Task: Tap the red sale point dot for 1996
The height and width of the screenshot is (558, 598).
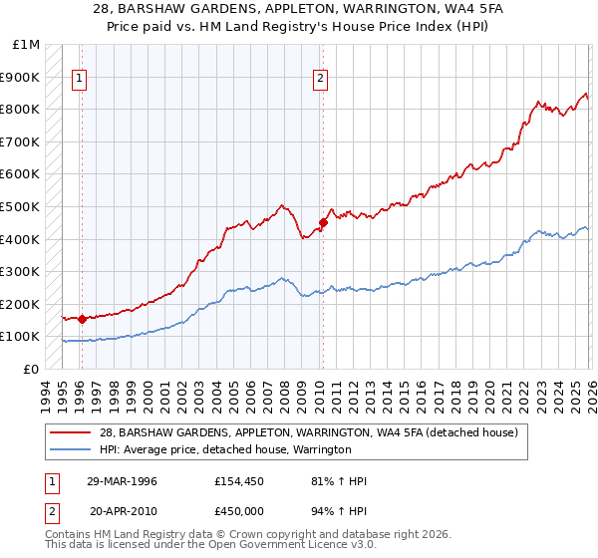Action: pos(81,319)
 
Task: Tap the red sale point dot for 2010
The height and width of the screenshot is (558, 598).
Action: pos(322,222)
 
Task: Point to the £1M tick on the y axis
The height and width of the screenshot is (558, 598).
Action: pos(27,45)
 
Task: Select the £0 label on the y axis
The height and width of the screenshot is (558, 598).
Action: pos(31,369)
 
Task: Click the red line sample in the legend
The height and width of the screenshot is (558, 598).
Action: pos(71,433)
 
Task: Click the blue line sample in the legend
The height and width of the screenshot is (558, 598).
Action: pos(71,450)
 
